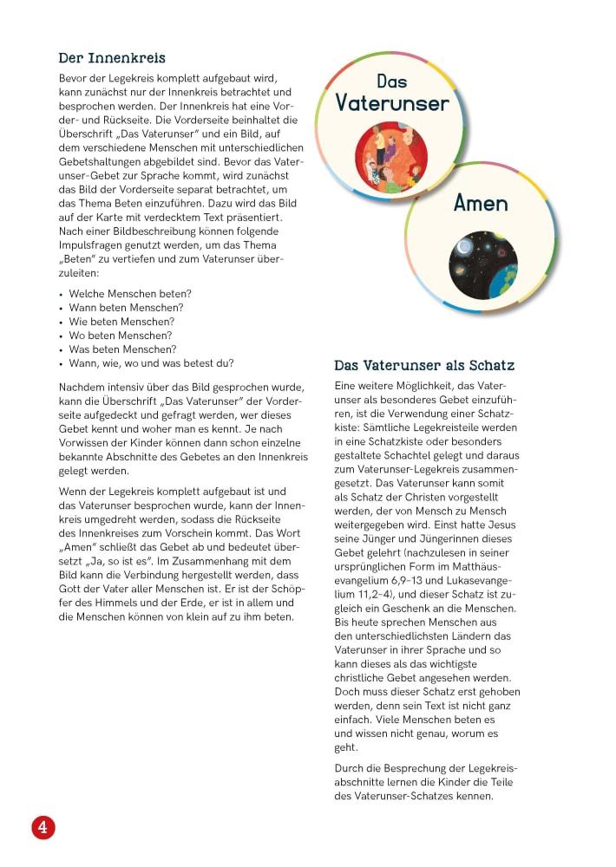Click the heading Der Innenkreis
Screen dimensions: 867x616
tap(112, 58)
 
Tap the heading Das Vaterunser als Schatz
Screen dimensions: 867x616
tap(424, 365)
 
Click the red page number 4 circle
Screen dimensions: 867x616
tap(43, 826)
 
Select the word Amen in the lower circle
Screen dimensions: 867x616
tap(481, 203)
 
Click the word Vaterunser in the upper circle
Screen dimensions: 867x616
tap(392, 104)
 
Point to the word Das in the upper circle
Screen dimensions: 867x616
tap(392, 81)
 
